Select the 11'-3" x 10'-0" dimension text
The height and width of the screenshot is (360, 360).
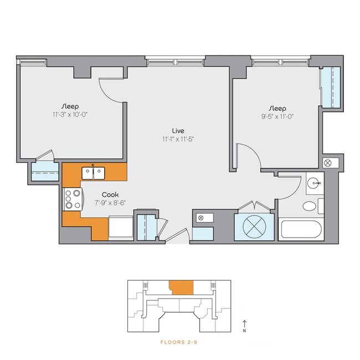[x=70, y=115]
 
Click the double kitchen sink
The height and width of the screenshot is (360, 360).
[x=93, y=173]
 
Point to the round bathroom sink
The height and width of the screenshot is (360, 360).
[x=314, y=183]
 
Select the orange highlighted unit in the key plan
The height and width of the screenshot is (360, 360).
[x=181, y=287]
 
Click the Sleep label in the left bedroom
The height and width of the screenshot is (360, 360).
[x=70, y=106]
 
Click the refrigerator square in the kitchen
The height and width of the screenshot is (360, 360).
[x=121, y=227]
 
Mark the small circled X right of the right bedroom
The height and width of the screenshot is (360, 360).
[x=328, y=163]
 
